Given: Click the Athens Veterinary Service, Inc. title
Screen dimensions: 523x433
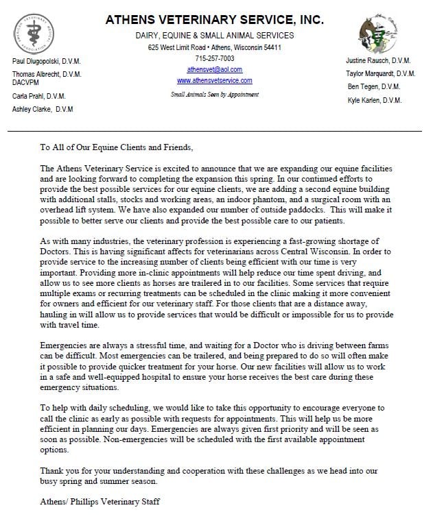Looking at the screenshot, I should click(214, 20).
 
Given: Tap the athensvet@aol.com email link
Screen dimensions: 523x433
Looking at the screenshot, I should click(214, 70).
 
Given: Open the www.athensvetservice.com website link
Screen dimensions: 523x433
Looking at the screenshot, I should click(214, 80).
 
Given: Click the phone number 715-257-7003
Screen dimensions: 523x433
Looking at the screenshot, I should click(214, 60).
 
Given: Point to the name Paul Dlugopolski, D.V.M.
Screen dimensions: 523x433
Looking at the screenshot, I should click(47, 62).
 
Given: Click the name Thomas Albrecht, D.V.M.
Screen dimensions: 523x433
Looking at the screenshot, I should click(47, 74).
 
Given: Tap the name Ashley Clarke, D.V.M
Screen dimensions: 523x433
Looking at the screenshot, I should click(43, 109).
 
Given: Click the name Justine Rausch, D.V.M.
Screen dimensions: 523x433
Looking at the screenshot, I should click(380, 60).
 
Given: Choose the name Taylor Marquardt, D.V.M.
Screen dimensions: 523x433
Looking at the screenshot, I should click(380, 73).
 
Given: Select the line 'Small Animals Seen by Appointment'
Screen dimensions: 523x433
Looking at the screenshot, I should click(214, 93).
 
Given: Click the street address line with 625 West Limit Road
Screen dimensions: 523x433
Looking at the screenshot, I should click(214, 48).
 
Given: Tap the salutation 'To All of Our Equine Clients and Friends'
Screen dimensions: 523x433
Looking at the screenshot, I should click(117, 147).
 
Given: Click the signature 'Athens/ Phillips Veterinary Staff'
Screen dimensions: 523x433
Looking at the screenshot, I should click(100, 502).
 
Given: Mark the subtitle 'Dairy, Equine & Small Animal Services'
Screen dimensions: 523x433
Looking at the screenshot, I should click(214, 35).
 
